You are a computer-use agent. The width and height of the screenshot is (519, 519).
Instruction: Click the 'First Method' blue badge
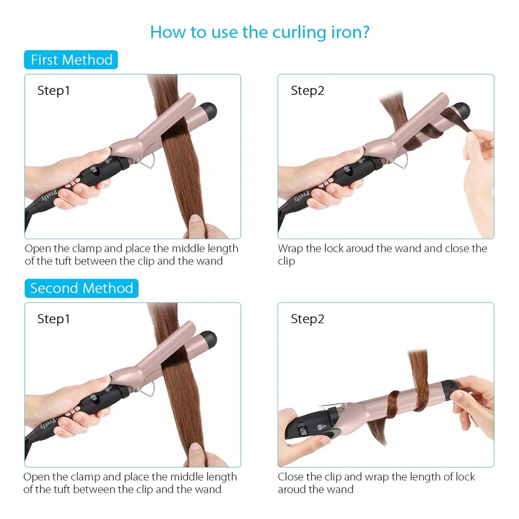71,60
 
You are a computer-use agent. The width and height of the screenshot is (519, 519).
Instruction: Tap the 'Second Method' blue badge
81,288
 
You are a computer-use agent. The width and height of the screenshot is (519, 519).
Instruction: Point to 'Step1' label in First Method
54,91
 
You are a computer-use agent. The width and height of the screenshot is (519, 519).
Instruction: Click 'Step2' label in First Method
307,91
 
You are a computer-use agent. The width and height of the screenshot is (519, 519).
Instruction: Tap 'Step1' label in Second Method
54,319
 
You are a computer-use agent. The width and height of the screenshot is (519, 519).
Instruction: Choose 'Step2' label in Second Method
307,319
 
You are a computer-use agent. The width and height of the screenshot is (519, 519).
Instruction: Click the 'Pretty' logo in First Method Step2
302,196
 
